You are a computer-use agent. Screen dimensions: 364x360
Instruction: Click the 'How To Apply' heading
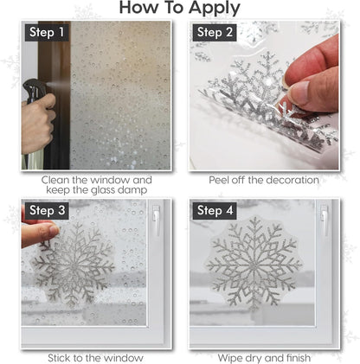click(180, 9)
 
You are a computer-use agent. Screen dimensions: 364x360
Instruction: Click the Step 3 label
click(45, 210)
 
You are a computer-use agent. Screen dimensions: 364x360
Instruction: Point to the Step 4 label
click(215, 210)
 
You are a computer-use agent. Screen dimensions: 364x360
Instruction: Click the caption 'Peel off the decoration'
click(264, 180)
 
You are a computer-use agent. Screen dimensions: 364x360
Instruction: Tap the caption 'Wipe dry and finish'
click(264, 357)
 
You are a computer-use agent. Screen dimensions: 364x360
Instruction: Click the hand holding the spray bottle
click(36, 121)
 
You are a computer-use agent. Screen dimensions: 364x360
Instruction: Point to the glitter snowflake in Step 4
click(254, 264)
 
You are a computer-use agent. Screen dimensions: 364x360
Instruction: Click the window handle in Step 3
click(156, 223)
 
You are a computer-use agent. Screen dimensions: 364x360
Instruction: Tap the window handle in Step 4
click(324, 223)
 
